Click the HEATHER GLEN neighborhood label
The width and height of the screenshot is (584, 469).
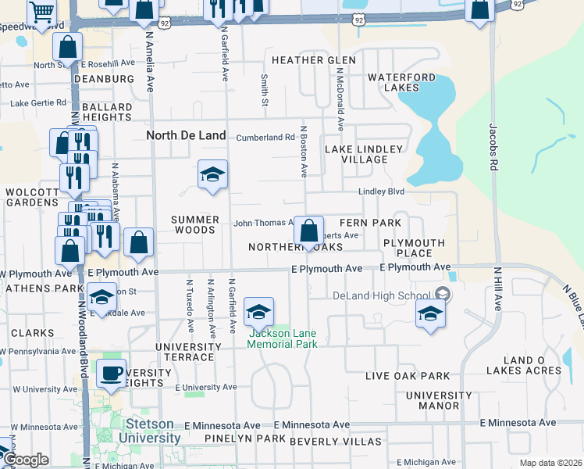[x=312, y=60]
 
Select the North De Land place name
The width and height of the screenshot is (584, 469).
[x=187, y=135]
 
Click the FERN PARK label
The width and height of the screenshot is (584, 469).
[x=370, y=223]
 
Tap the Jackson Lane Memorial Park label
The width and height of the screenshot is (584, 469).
[x=283, y=338]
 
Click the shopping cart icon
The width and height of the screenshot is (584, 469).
[x=41, y=12]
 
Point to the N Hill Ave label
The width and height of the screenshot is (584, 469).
[x=497, y=288]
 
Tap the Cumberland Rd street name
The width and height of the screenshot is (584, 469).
[x=266, y=138]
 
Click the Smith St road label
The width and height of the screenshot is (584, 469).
[x=265, y=90]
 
